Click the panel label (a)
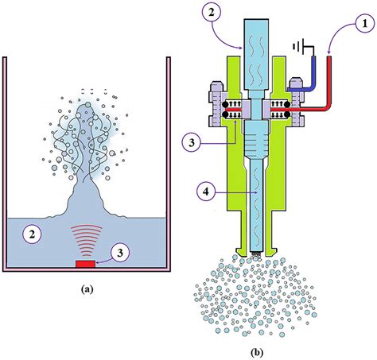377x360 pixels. (88, 290)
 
